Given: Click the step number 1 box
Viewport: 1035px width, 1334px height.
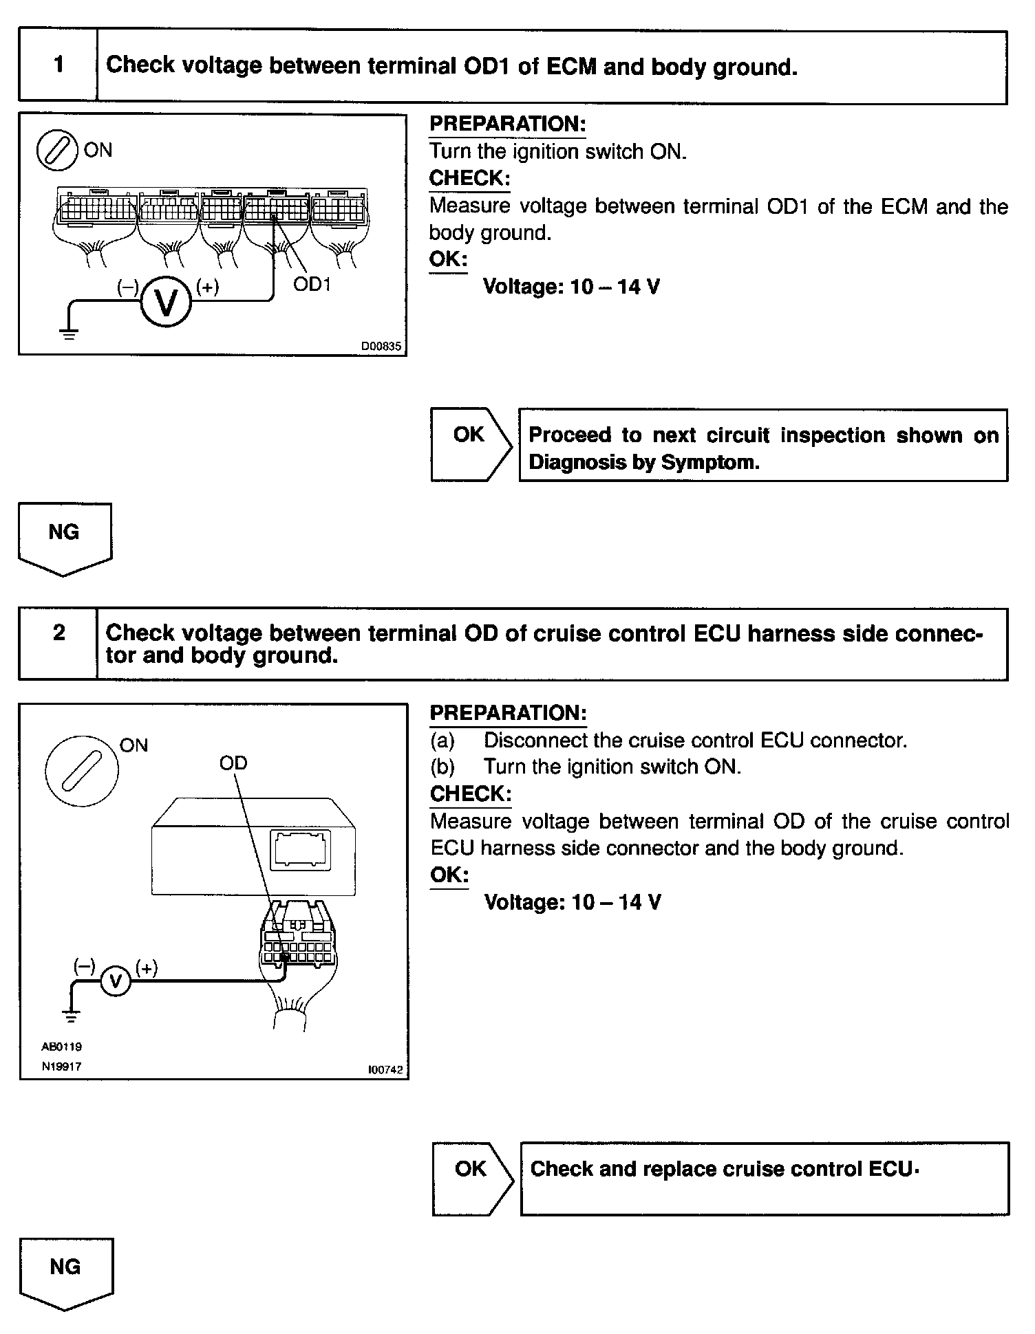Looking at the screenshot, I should [58, 65].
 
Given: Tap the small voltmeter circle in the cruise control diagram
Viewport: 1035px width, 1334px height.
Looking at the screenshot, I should [116, 981].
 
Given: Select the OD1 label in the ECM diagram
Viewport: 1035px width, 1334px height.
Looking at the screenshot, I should [312, 284].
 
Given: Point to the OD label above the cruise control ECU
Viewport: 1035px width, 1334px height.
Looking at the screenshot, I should [233, 763].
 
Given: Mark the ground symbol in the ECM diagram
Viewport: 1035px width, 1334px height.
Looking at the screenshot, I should [69, 334].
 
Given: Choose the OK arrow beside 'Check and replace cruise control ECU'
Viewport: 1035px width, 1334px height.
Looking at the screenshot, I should [473, 1179].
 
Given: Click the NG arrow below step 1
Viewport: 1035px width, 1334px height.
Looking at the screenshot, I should [65, 538].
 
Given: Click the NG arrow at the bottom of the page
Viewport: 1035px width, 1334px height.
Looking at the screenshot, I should [66, 1273].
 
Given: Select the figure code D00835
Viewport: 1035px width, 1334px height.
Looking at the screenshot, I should [381, 347].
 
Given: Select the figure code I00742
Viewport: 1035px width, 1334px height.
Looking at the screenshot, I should [385, 1070].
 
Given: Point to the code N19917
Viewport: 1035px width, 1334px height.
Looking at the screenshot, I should [61, 1067].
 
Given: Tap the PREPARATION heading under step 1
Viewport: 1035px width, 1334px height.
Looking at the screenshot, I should [507, 124].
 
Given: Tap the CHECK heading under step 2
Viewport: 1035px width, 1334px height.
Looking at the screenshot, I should [471, 794].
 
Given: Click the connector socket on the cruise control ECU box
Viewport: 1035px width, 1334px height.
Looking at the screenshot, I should [301, 851].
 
